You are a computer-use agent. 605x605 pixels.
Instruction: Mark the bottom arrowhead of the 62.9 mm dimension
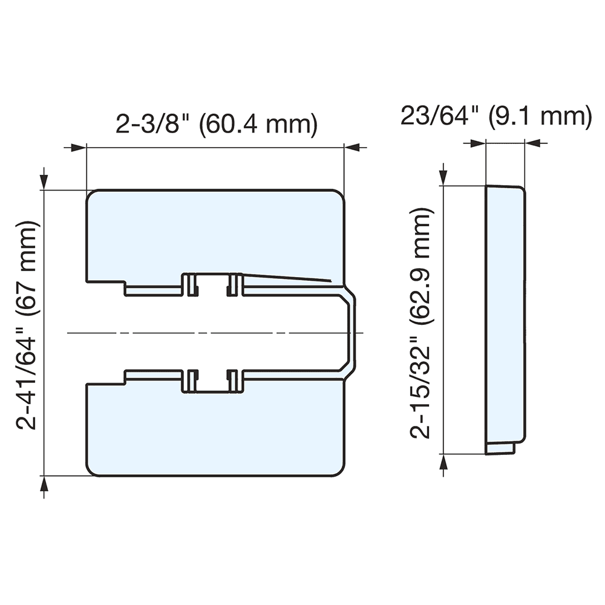(x=445, y=462)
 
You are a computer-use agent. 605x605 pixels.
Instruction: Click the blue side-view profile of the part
(x=505, y=315)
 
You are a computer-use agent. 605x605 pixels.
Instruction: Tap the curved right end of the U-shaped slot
(x=352, y=333)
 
